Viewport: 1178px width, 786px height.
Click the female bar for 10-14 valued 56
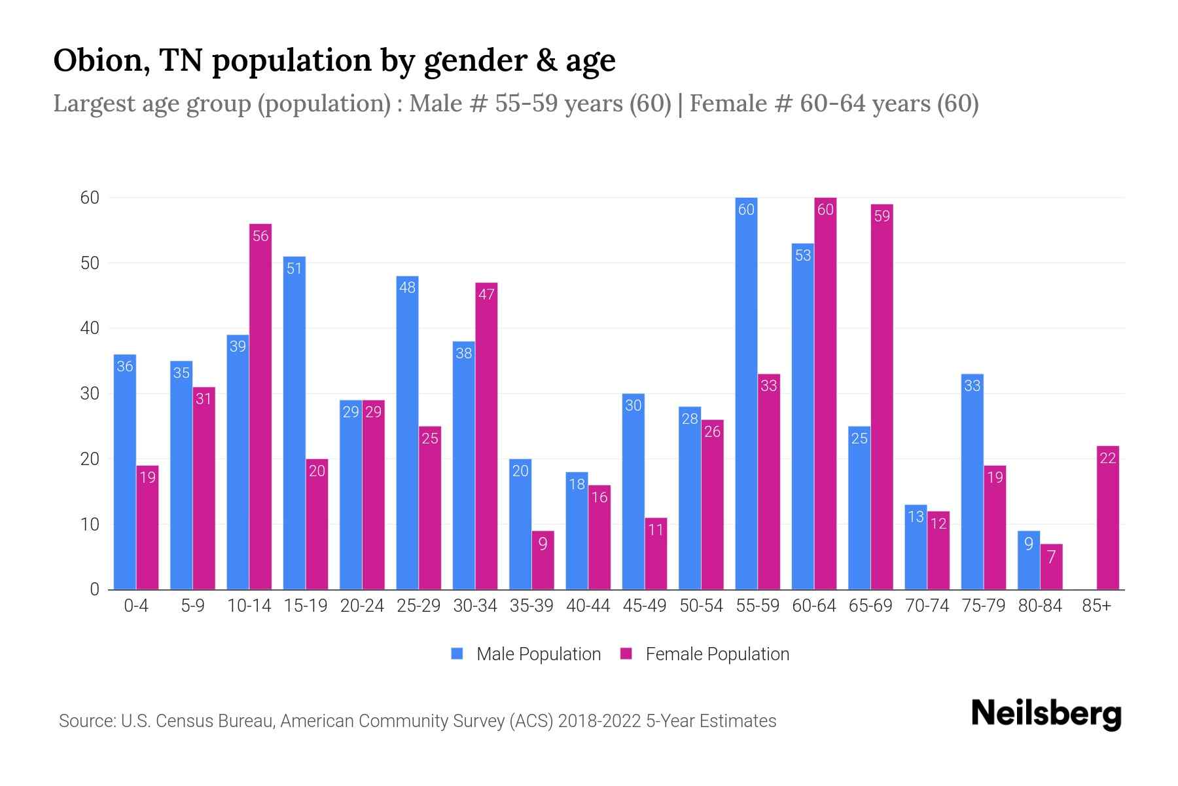coord(260,406)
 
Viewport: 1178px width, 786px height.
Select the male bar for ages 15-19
coord(294,422)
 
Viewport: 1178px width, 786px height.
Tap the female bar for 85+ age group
coord(1107,517)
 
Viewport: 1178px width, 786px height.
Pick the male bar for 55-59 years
coord(746,393)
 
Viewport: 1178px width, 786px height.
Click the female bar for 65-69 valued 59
coord(882,396)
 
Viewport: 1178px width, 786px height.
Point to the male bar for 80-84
coord(1029,560)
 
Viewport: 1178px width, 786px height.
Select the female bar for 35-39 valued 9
coord(543,560)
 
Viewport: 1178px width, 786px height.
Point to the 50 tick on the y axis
coord(90,263)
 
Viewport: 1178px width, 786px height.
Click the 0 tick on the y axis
coord(95,589)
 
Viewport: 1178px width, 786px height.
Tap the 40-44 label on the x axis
coord(588,606)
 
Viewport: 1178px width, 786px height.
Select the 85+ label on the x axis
coord(1096,606)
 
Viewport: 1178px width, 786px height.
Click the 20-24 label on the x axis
coord(362,606)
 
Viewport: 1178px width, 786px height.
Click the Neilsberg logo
coord(1046,714)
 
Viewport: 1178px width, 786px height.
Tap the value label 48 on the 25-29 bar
coord(407,288)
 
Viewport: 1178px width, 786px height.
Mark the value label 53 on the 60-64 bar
coord(803,255)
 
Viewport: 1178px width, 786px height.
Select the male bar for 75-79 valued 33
coord(972,481)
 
